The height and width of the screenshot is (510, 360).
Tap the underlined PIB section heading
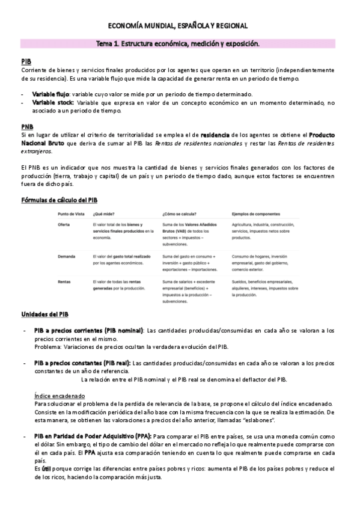26,62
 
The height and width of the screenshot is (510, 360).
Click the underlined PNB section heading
26,126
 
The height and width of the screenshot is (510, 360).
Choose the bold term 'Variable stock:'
53,103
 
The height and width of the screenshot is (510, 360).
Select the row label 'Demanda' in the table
66,256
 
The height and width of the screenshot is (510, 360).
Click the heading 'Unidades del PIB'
45,314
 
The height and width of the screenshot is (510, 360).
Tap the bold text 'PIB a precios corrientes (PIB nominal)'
88,331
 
